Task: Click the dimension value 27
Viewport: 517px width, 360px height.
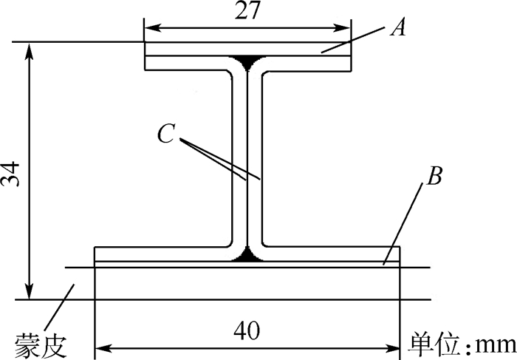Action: [x=247, y=13]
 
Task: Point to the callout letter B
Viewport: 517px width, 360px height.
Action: [x=436, y=177]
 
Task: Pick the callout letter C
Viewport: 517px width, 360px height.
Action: [x=166, y=132]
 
